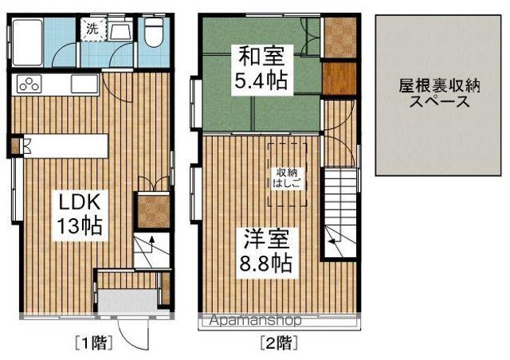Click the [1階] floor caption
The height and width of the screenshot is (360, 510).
click(x=93, y=343)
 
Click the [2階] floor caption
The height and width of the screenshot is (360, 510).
click(x=279, y=343)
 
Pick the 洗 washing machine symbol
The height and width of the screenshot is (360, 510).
click(x=92, y=29)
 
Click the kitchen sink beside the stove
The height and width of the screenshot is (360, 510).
click(x=83, y=84)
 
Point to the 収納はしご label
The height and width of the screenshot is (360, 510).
click(x=287, y=177)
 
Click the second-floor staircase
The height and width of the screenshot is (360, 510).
click(x=339, y=211)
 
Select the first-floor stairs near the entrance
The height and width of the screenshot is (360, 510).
click(x=147, y=252)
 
